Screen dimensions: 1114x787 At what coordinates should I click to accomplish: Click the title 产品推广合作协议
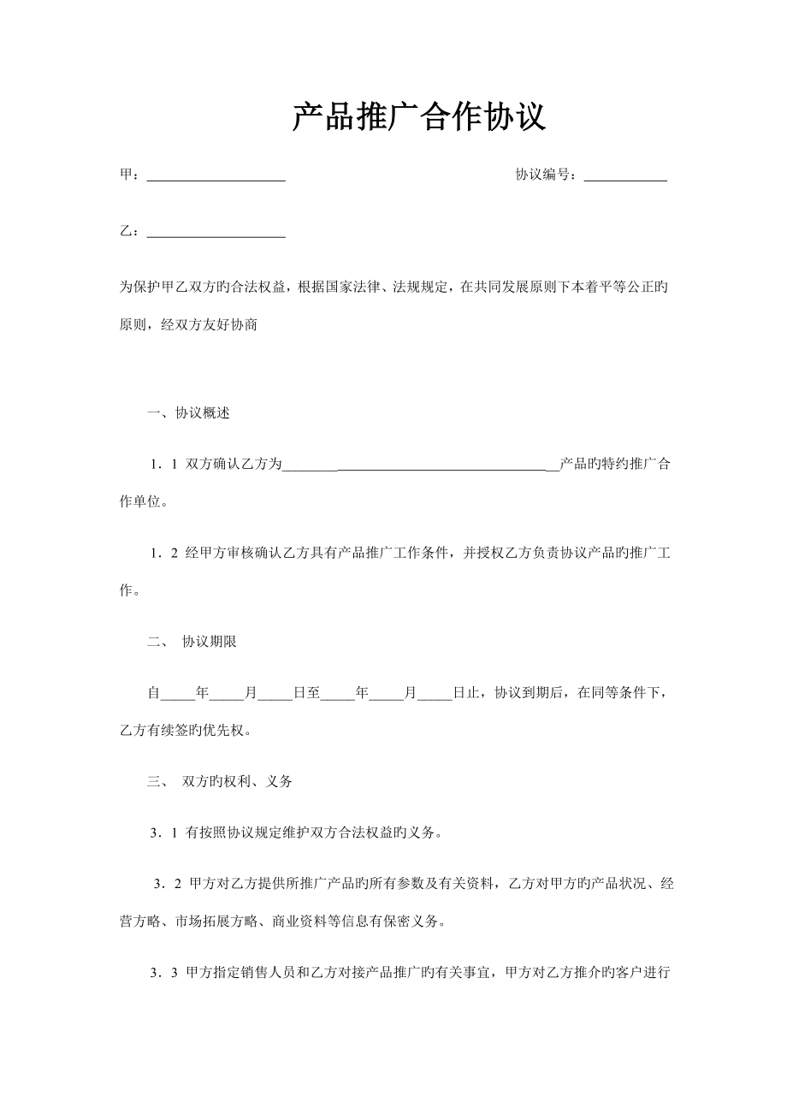[x=419, y=118]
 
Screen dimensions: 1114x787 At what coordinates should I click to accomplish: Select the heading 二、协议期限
[x=192, y=643]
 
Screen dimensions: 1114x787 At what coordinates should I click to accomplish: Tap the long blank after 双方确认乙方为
[x=419, y=466]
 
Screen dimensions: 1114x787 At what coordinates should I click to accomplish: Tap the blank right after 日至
[x=337, y=694]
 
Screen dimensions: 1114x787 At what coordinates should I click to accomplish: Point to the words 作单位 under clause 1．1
[x=139, y=502]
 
